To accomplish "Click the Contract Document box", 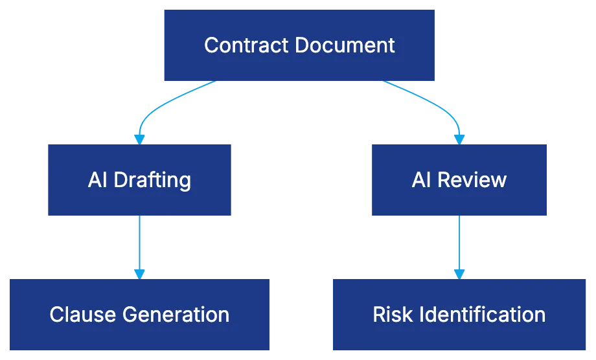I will point(298,45).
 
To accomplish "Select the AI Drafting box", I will point(139,179).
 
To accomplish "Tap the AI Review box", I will point(459,179).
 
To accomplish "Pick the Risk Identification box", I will point(459,314).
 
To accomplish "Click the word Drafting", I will point(152,179).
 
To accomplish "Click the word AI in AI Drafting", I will point(97,179).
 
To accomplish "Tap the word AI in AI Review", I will point(421,179).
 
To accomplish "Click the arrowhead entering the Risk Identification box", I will point(459,273).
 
